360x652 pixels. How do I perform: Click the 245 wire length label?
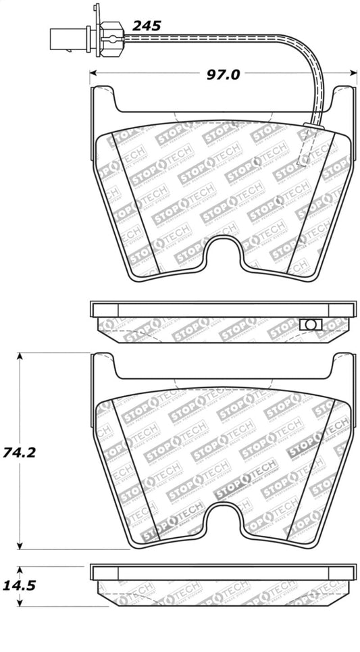point(146,26)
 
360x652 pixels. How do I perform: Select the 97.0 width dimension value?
point(223,74)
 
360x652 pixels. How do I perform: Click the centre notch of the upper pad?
point(224,255)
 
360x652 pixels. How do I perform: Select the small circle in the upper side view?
point(310,325)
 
